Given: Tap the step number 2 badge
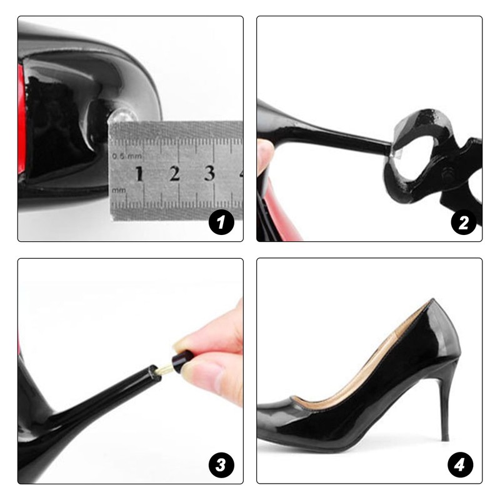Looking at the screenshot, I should pyautogui.click(x=463, y=222).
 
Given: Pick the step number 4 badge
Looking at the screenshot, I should pyautogui.click(x=461, y=464).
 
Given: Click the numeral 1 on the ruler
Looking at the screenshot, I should pyautogui.click(x=140, y=173).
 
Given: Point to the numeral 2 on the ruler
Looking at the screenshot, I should pyautogui.click(x=174, y=173).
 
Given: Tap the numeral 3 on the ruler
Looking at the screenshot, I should pyautogui.click(x=209, y=173).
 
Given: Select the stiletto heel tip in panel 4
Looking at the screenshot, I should pyautogui.click(x=445, y=436).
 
